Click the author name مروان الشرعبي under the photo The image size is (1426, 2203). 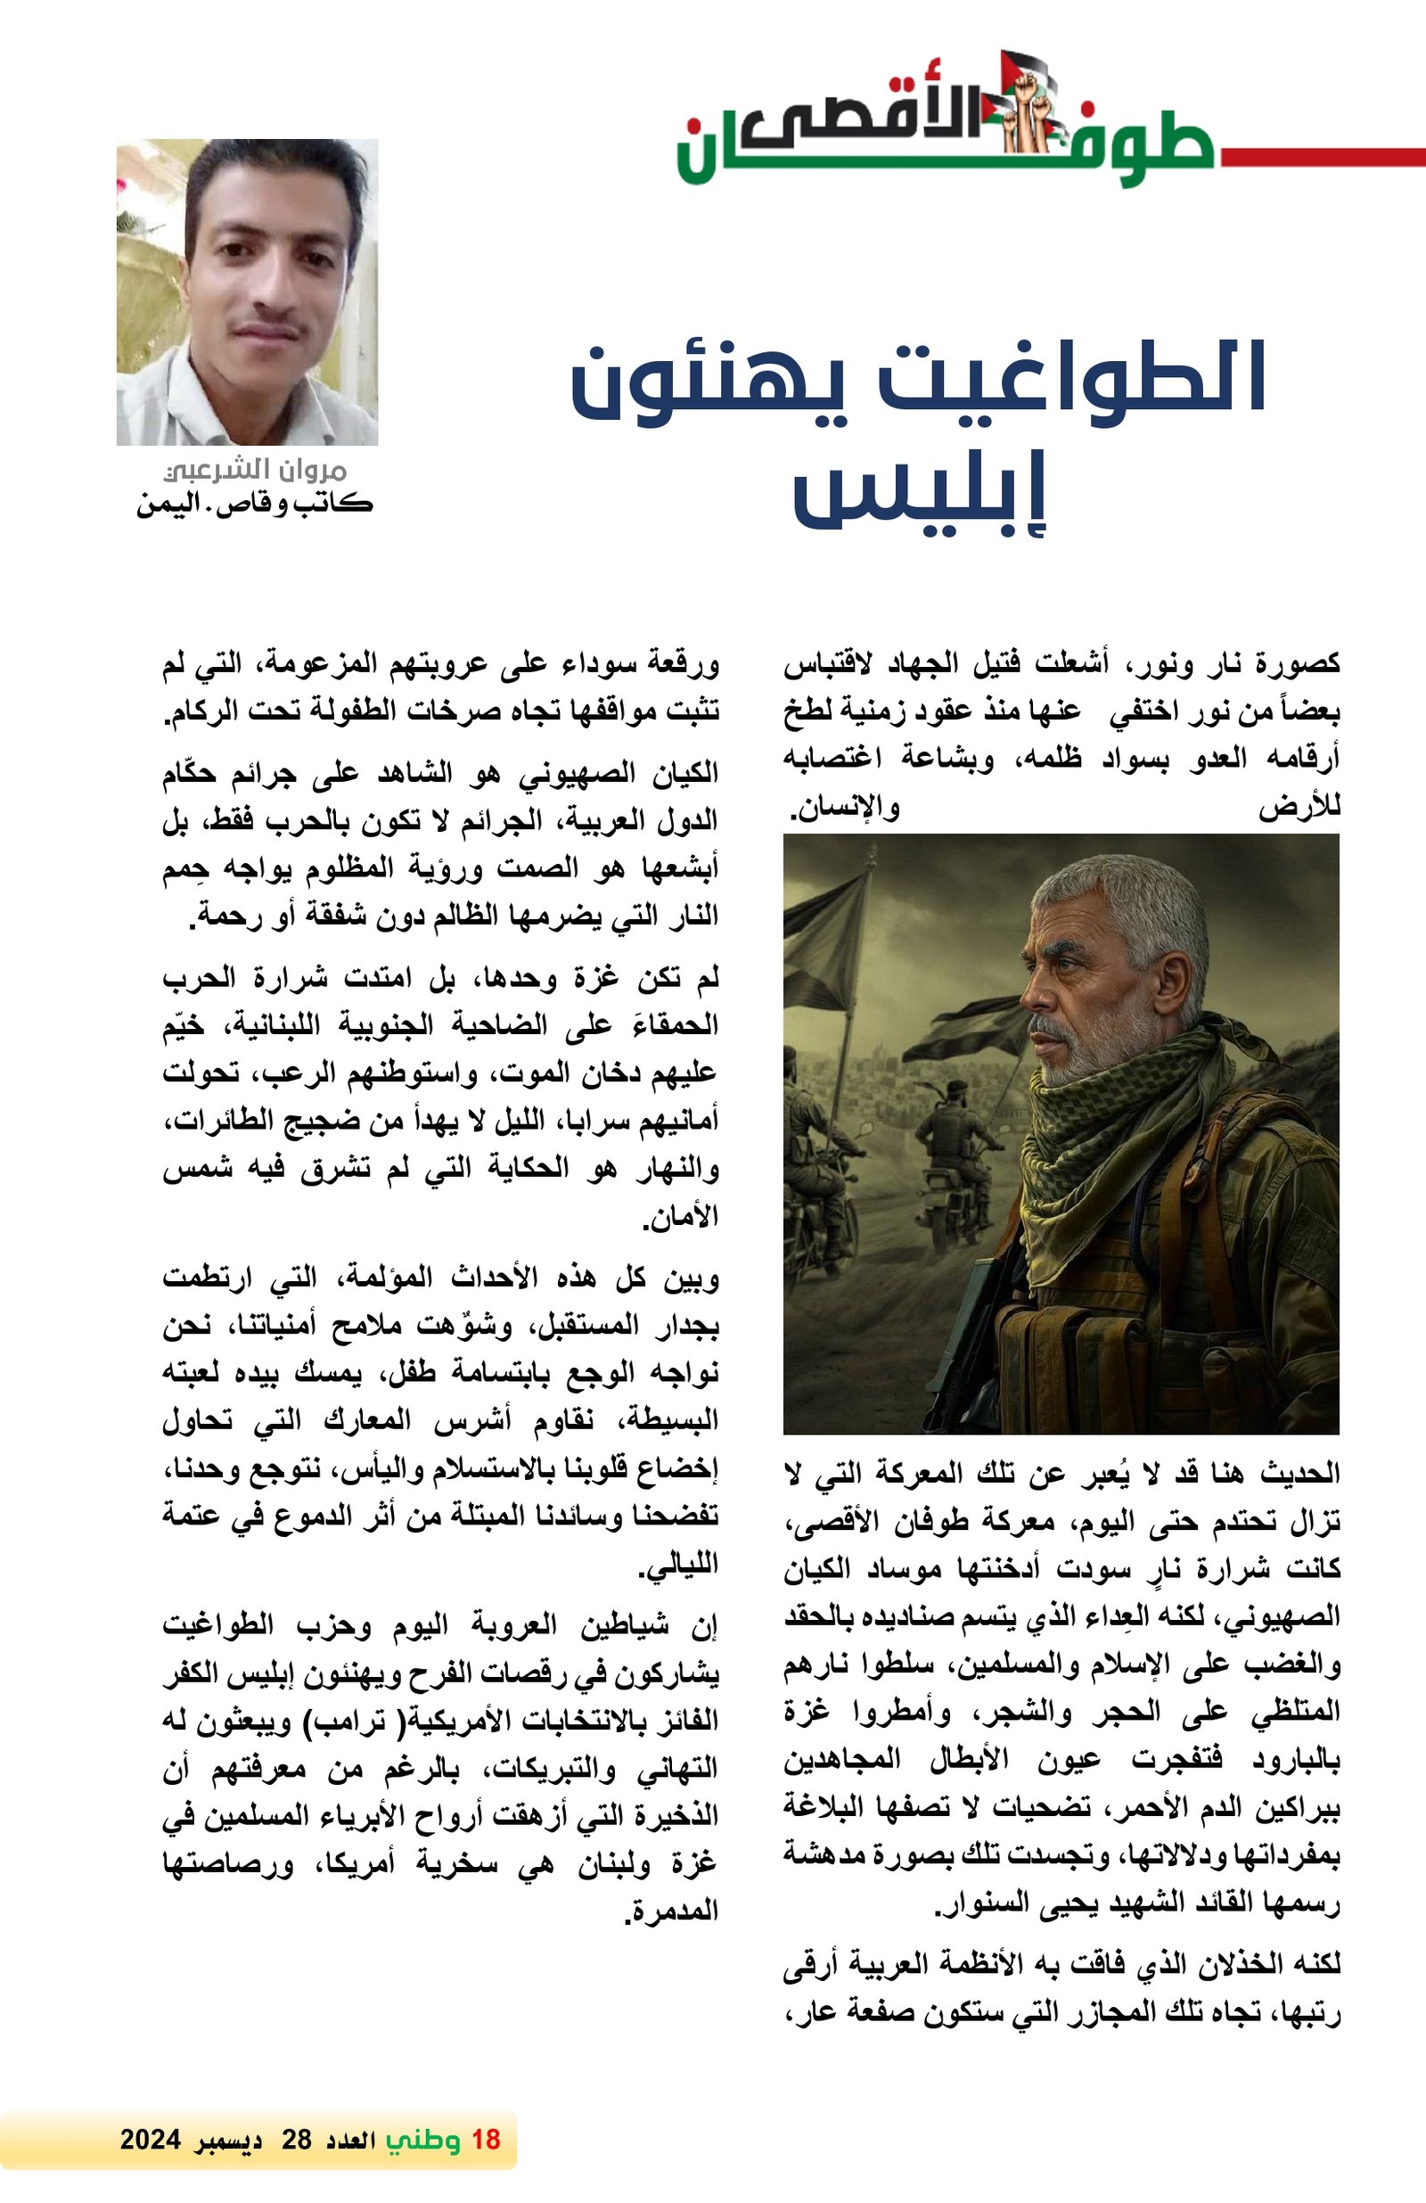point(256,470)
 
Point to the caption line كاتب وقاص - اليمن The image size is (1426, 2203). point(255,505)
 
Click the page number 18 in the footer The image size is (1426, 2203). point(486,2139)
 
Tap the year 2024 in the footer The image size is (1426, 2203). point(149,2140)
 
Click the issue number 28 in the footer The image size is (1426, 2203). point(297,2140)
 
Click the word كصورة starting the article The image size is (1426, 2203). point(1301,663)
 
